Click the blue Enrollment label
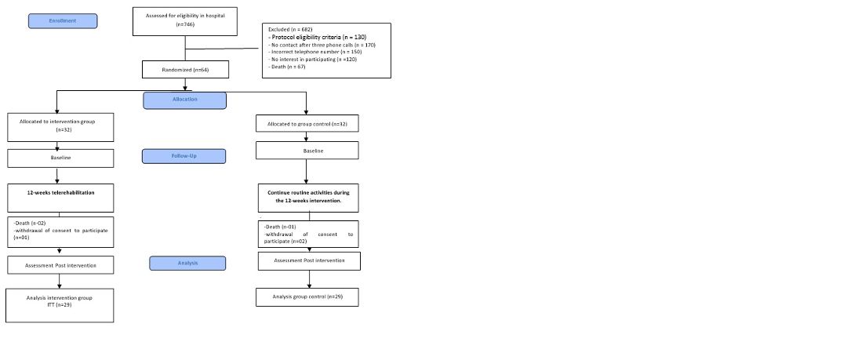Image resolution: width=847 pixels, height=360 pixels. (63, 21)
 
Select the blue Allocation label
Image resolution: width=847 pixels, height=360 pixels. (185, 100)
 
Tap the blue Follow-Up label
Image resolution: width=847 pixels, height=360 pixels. (184, 156)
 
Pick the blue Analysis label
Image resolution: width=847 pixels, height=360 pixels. (187, 264)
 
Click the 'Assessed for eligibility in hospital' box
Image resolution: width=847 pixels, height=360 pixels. (185, 21)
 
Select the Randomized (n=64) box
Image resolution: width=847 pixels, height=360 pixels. (185, 70)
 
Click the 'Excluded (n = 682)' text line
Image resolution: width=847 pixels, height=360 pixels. (291, 29)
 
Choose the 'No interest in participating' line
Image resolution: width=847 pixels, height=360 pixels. (312, 60)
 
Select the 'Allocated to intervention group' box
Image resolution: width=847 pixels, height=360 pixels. (60, 127)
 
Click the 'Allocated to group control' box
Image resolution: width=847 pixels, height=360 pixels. (307, 124)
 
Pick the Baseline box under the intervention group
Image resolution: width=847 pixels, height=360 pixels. (60, 158)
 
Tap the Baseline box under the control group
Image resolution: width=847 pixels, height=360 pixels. (307, 151)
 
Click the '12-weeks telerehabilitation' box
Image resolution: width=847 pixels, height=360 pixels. (60, 198)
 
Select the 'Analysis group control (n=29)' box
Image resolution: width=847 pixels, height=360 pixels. (307, 297)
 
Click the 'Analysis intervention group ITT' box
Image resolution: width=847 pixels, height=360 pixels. (60, 305)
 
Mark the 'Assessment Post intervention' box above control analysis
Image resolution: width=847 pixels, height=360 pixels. (309, 261)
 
